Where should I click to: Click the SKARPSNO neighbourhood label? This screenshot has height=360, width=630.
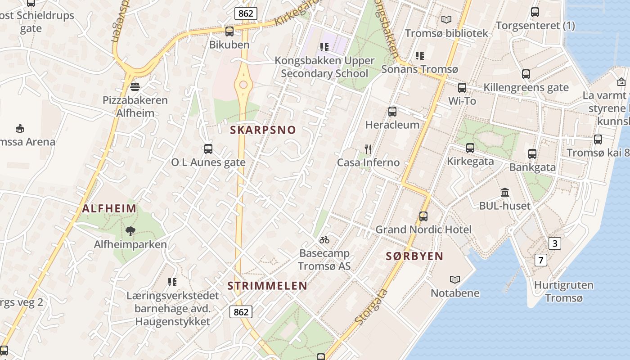tap(263, 130)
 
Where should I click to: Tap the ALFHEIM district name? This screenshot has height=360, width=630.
tap(109, 208)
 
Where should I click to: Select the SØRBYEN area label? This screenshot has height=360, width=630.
tap(414, 256)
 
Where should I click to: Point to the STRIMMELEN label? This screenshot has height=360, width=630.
tap(267, 286)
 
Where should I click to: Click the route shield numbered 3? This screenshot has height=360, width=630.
tap(554, 243)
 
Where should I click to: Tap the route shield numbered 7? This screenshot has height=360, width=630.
tap(541, 260)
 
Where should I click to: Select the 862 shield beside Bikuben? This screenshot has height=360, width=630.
tap(246, 13)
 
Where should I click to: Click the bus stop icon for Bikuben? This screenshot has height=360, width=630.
tap(229, 31)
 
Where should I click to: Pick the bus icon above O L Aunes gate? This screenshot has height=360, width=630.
tap(208, 148)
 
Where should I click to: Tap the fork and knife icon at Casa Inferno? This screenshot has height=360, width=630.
tap(368, 149)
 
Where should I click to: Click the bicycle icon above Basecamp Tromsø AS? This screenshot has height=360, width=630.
tap(324, 239)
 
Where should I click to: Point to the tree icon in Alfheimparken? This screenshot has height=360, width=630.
tap(130, 231)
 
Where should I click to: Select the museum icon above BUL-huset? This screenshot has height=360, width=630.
tap(505, 192)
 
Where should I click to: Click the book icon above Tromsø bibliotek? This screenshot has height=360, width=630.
tap(446, 19)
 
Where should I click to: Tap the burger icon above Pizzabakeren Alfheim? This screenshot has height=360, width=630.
tap(135, 86)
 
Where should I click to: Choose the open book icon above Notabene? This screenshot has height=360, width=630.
tap(455, 279)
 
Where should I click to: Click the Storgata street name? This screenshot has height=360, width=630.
tap(371, 307)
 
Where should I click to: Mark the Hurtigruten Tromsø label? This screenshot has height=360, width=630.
tap(563, 292)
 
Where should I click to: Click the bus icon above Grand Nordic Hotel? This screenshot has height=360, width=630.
tap(423, 216)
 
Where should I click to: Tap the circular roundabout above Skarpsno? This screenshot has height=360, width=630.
tap(243, 85)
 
